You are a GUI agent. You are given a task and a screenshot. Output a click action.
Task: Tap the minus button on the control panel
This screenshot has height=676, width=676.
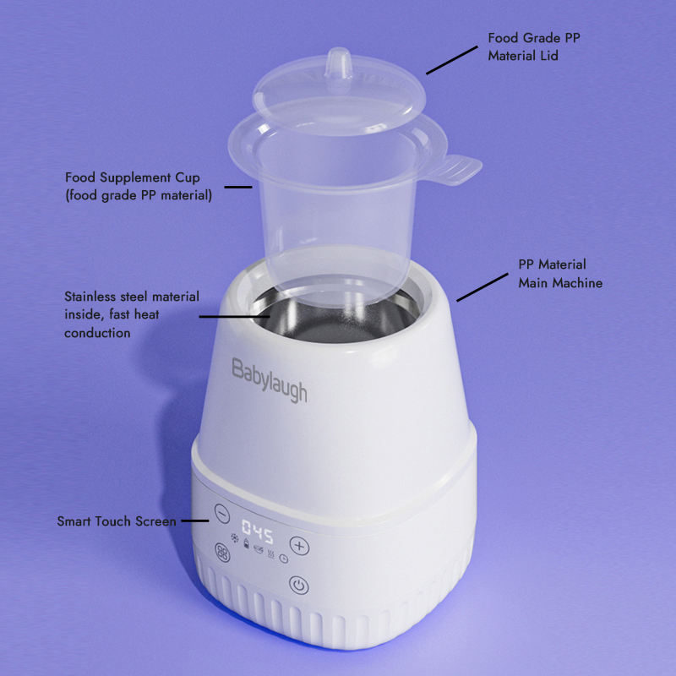(x=222, y=514)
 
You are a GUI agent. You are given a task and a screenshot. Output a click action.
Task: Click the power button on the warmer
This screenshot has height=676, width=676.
(x=299, y=585)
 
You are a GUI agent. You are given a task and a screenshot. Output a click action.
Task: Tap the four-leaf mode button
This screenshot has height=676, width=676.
(x=222, y=553)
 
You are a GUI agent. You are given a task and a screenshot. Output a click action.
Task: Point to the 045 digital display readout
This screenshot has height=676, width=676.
(x=258, y=532)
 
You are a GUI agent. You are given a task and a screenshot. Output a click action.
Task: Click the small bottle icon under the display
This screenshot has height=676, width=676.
(x=246, y=543)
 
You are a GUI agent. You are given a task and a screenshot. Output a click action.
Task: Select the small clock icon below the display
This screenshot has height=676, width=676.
(x=284, y=559)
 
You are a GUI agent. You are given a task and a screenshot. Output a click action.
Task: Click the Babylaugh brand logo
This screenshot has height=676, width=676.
(x=270, y=380)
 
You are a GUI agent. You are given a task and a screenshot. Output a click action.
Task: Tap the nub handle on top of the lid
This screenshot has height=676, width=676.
(x=339, y=63)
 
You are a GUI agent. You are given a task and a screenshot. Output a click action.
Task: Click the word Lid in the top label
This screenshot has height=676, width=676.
(x=548, y=56)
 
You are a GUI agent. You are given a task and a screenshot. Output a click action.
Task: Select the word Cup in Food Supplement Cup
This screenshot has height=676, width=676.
(x=187, y=178)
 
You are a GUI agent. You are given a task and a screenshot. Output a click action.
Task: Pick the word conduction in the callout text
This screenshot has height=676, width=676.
(x=97, y=333)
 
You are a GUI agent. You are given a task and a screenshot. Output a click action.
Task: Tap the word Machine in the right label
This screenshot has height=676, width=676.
(x=578, y=283)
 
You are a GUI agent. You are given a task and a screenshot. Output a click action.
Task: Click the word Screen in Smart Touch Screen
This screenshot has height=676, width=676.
(x=155, y=521)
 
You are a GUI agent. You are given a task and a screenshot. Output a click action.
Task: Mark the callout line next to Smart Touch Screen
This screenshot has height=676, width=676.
(x=195, y=521)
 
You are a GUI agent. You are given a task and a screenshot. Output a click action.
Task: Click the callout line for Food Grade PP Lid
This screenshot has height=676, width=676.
(x=452, y=60)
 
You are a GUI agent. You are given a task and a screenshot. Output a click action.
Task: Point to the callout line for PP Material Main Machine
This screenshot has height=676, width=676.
(x=482, y=287)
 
